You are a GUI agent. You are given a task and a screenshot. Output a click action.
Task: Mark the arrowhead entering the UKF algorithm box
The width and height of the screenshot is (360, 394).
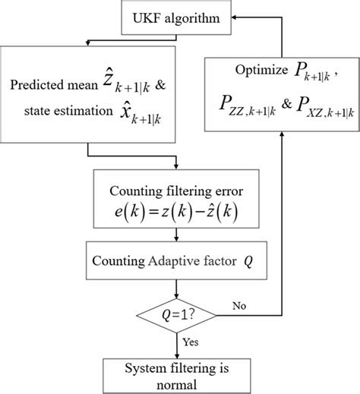coord(236,15)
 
